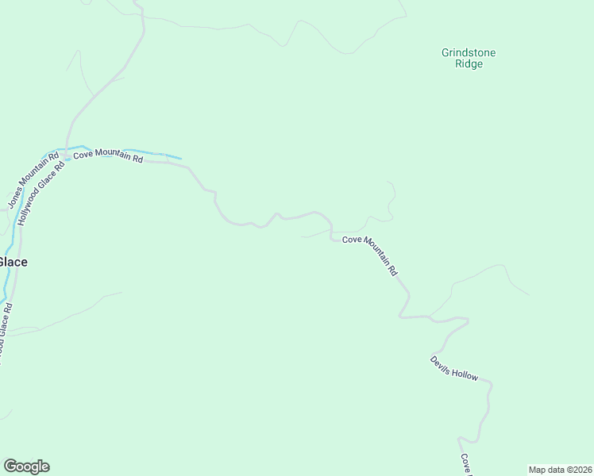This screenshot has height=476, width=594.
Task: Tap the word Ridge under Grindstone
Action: click(469, 64)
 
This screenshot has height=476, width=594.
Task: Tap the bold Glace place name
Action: click(13, 262)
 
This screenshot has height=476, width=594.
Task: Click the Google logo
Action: click(26, 466)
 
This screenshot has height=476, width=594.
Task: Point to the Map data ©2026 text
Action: click(559, 469)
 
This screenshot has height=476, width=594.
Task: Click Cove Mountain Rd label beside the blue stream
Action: click(108, 156)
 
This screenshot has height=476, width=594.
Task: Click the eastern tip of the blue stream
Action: click(181, 158)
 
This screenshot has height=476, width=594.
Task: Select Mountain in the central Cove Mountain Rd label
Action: click(372, 254)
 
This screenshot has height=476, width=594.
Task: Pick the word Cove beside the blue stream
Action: click(83, 155)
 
